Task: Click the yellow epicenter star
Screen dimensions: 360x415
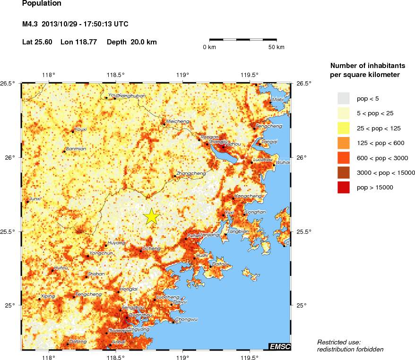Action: click(151, 216)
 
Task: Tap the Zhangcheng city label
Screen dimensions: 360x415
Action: click(191, 173)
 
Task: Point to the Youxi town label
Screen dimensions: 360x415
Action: click(81, 129)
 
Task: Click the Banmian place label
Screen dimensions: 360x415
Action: click(76, 148)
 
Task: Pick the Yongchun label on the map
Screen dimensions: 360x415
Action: click(101, 253)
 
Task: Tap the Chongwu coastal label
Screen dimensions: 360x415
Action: click(186, 319)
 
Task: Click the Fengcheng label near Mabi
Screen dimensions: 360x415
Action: click(269, 126)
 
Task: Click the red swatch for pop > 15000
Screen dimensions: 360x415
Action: click(344, 188)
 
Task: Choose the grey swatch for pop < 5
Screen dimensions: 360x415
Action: click(344, 98)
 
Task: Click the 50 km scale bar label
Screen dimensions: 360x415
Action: click(277, 47)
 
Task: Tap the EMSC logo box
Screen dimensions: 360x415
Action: click(280, 347)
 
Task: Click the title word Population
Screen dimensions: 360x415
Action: click(42, 4)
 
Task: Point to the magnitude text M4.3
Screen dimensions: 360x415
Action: click(30, 24)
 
